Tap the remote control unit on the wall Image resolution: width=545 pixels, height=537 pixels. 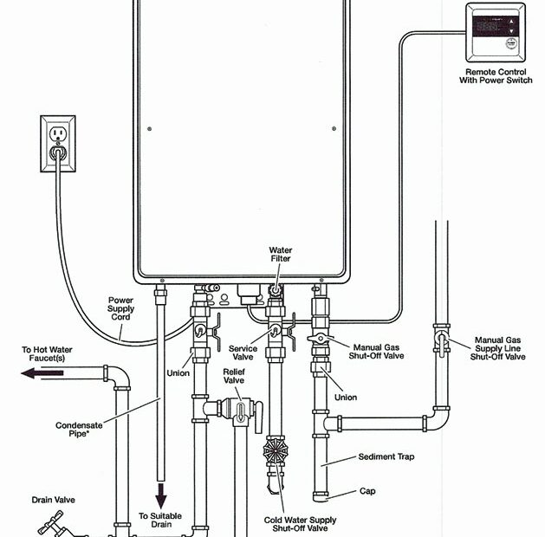click(496, 32)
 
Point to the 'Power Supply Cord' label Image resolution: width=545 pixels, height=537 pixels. click(120, 309)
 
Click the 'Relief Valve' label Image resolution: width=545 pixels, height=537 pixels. click(235, 376)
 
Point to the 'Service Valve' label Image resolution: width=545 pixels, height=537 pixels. click(243, 353)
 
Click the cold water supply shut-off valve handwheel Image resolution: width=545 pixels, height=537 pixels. click(276, 452)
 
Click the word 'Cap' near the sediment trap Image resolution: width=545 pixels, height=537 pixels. click(367, 491)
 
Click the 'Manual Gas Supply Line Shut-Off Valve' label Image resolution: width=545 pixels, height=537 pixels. click(497, 348)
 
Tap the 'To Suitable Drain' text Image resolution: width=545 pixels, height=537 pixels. click(162, 521)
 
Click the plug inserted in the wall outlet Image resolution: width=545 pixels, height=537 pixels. click(58, 152)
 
